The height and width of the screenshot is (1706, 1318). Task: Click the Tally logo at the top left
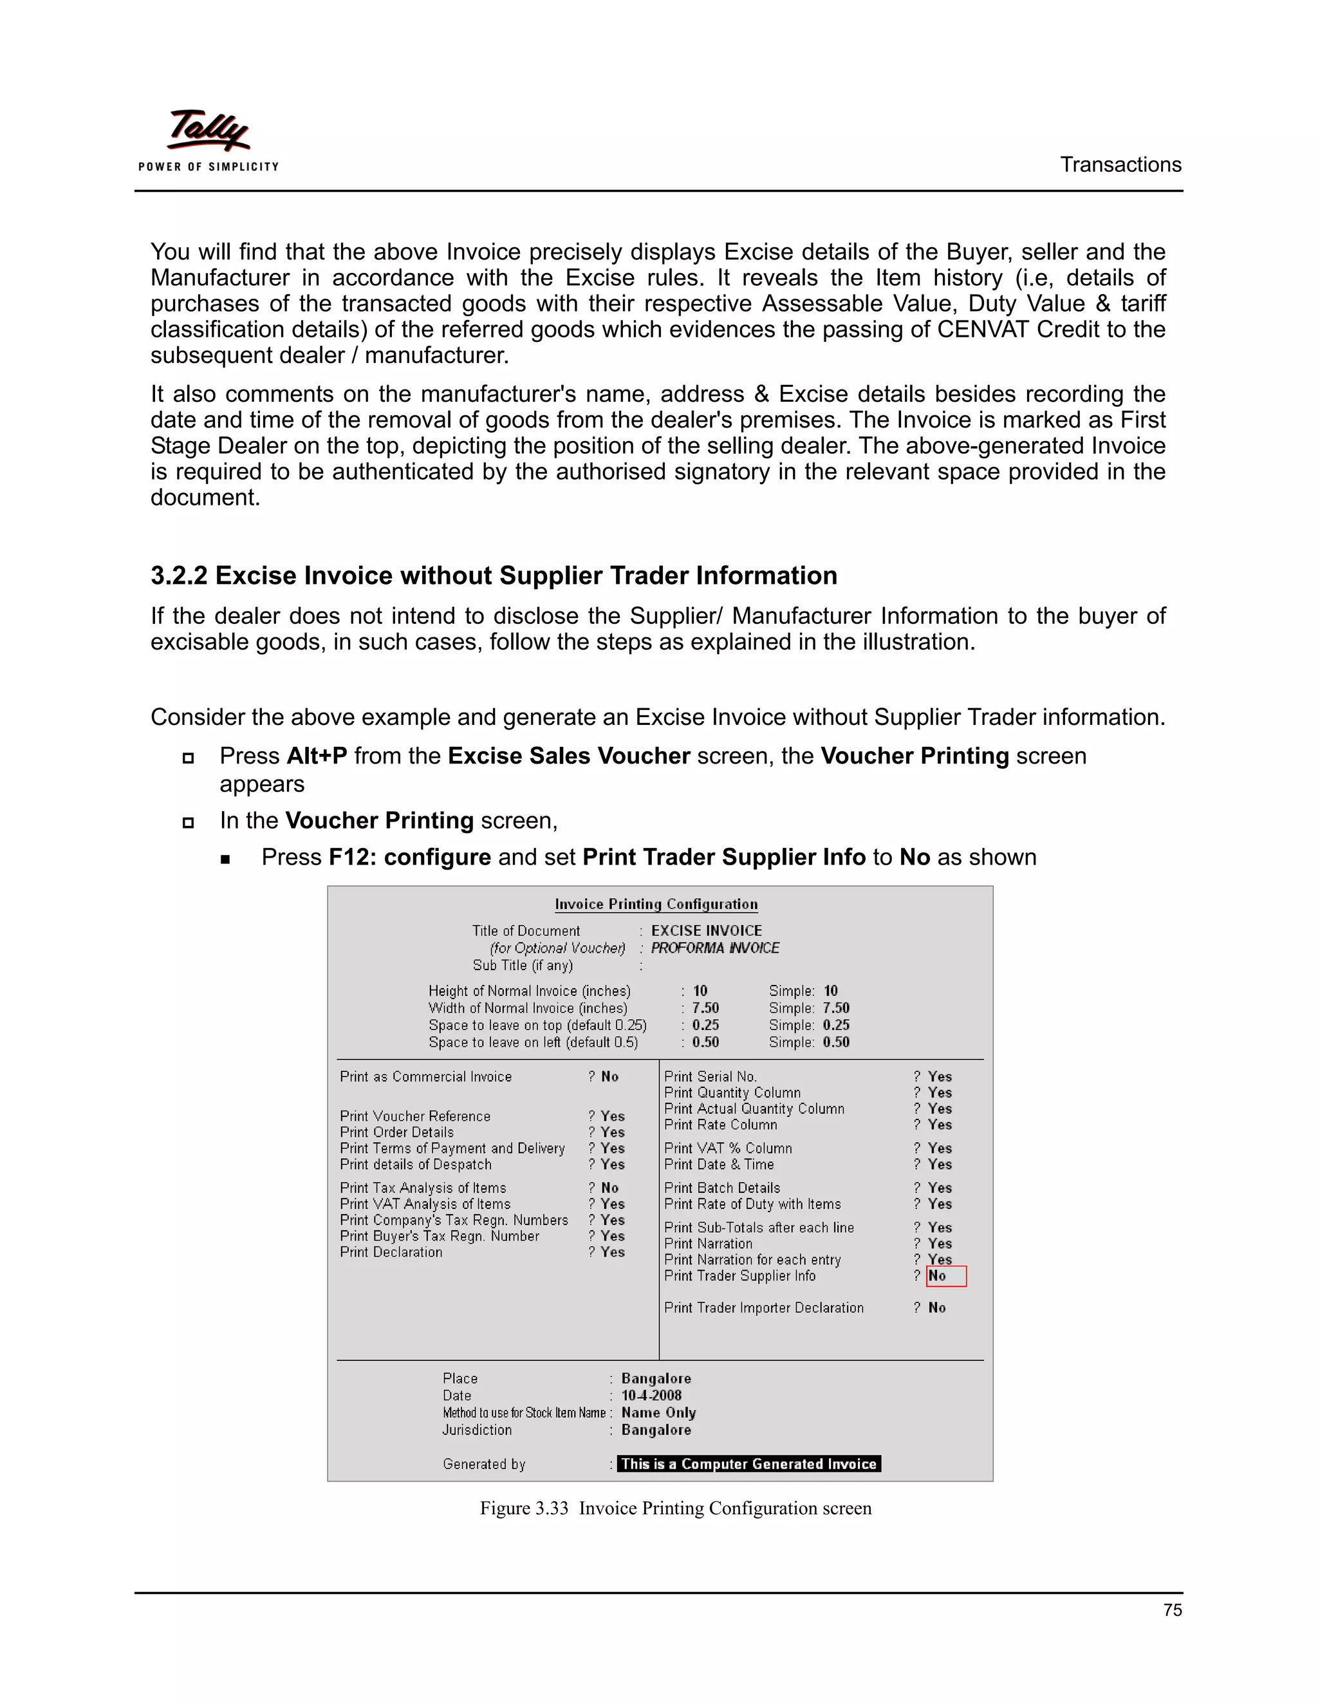208,139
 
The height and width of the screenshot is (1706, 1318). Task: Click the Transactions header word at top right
1120,165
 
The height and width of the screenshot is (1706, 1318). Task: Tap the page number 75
1172,1610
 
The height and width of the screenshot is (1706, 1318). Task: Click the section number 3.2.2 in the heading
179,576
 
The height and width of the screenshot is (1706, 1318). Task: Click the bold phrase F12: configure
409,857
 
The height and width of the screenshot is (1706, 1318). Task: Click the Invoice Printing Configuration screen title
656,904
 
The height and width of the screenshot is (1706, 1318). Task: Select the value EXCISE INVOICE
706,930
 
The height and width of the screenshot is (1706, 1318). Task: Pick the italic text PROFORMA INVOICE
714,948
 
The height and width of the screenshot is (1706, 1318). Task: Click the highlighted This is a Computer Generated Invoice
748,1464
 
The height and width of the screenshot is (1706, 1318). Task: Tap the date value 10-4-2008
651,1395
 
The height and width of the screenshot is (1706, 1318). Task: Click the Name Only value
658,1412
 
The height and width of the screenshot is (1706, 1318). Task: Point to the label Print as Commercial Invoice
425,1076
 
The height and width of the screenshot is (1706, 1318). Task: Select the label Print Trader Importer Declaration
764,1308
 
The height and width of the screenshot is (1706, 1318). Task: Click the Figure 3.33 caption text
674,1508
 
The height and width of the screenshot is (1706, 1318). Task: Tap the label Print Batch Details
721,1187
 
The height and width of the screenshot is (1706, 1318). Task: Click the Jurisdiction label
477,1429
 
